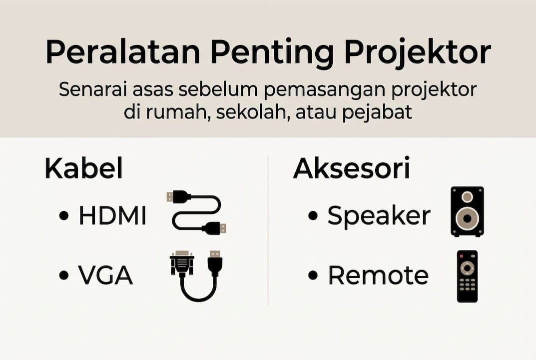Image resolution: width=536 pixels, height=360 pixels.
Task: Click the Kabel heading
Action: point(83,169)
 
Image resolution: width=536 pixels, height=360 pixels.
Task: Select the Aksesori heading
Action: point(351,169)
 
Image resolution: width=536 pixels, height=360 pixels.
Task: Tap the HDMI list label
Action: point(112,216)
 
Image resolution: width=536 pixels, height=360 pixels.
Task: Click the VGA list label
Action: point(105,275)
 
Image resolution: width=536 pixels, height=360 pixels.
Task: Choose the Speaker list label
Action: point(379,216)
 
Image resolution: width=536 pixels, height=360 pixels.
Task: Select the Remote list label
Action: point(378,275)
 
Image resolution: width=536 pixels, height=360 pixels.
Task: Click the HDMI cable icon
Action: point(196,212)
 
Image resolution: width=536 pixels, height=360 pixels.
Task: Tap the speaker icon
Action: point(467,211)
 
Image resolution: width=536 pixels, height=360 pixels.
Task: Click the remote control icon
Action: point(467,276)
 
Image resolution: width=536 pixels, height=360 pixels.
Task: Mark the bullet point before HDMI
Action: point(63,216)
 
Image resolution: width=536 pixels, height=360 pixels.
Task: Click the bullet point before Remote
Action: point(313,275)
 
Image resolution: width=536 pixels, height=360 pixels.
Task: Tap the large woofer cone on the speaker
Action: point(467,218)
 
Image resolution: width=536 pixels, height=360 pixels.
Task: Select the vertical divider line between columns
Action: point(268,230)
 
